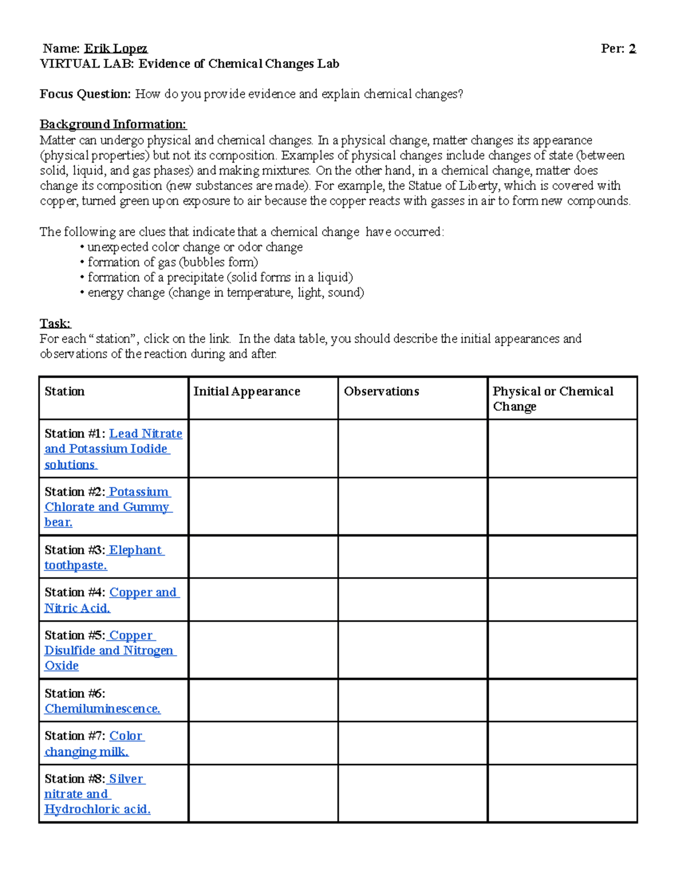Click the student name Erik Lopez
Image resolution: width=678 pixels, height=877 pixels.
(x=116, y=49)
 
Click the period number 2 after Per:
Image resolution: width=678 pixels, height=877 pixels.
(x=632, y=49)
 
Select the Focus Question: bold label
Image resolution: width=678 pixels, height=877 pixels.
(x=85, y=94)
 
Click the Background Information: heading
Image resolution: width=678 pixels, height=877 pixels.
(x=113, y=124)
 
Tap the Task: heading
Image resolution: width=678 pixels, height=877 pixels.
(x=55, y=324)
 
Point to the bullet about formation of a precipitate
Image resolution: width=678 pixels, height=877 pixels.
(x=220, y=277)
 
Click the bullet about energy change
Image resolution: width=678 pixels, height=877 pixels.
(x=225, y=293)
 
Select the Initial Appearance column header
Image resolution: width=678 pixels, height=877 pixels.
(x=246, y=391)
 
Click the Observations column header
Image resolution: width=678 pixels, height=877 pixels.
(x=381, y=391)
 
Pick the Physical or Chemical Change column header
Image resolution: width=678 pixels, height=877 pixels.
(x=553, y=399)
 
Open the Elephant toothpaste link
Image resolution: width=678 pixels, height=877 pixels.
(x=105, y=557)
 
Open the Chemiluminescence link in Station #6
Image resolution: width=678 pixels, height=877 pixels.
(x=102, y=709)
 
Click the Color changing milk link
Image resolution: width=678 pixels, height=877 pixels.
(x=94, y=744)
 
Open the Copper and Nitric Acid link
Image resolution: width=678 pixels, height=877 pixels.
(x=111, y=600)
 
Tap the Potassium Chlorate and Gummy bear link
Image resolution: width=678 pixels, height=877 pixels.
(x=107, y=507)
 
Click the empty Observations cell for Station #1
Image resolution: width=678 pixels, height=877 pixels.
(x=412, y=449)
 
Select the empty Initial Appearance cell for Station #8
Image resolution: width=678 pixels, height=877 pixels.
(x=263, y=793)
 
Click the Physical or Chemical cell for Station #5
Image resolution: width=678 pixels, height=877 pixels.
(x=562, y=650)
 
